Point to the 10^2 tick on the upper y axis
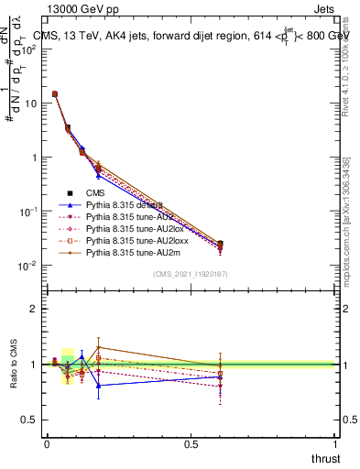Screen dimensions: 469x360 coord(29,49)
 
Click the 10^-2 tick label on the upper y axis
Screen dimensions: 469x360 coord(28,266)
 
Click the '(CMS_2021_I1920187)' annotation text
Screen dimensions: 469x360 coord(189,274)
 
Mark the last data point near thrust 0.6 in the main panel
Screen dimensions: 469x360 coord(220,245)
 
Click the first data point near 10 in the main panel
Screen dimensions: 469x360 coord(54,93)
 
